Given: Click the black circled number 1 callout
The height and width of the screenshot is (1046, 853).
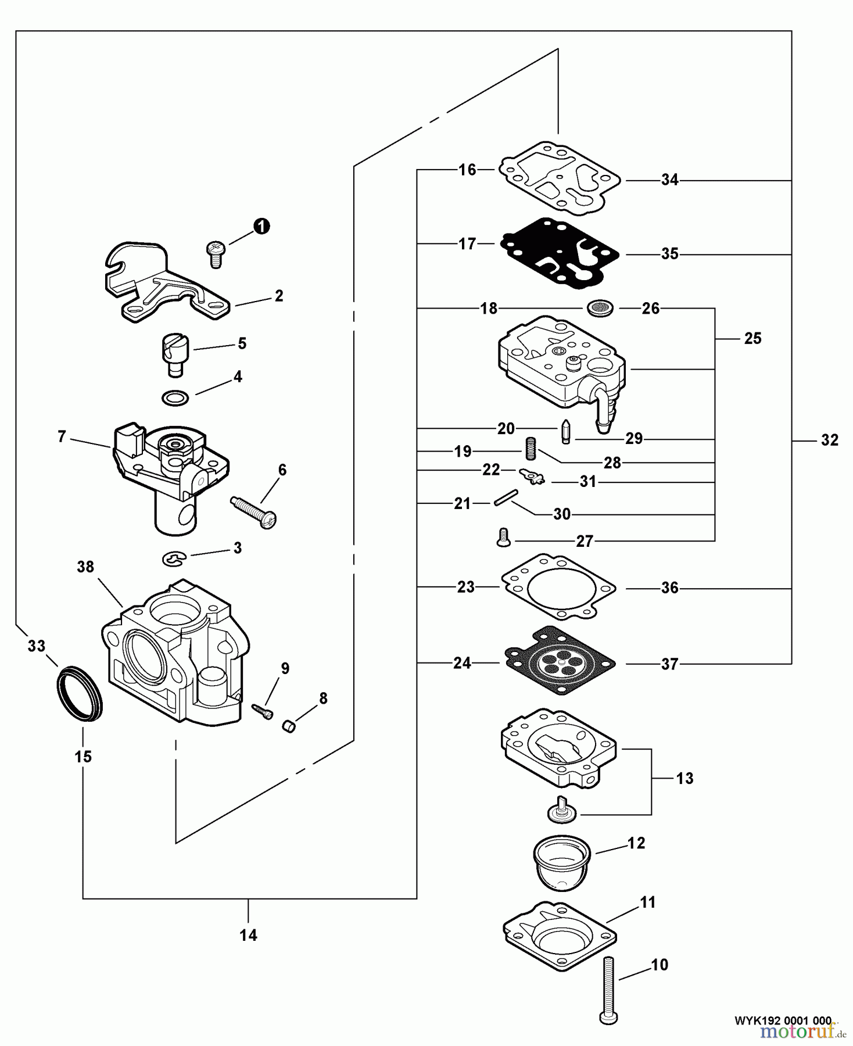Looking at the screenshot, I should coord(261,226).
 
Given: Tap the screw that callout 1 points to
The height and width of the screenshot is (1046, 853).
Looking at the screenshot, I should coord(215,255).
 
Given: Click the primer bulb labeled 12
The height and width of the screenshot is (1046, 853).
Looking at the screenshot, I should coord(561,862).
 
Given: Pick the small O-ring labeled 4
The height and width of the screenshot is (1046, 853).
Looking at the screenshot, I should coord(175,398).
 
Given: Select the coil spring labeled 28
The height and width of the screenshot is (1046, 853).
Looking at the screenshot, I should coord(530,449).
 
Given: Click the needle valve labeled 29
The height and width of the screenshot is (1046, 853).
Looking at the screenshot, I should coord(565,433).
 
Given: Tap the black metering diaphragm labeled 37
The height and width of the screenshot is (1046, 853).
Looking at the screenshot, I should coord(560,660).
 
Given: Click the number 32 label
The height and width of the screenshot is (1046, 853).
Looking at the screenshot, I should coord(829,440).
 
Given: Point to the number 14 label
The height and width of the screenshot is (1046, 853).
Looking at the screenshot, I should coord(248,935).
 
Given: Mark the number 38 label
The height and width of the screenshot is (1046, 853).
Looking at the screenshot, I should coord(85,567).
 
